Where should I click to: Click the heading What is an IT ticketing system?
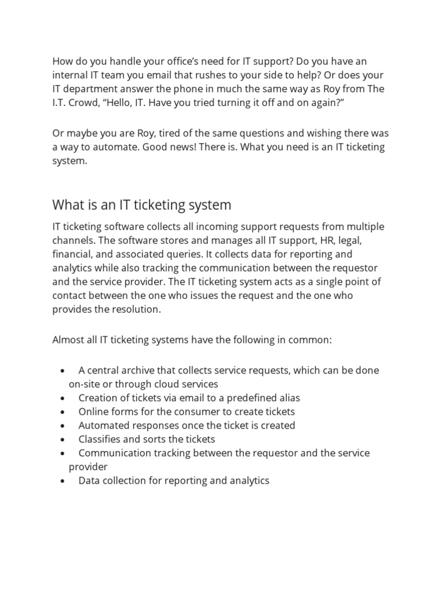click(x=141, y=204)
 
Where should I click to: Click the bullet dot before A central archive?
click(x=63, y=371)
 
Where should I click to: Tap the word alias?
click(x=288, y=398)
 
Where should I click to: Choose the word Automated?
click(x=103, y=426)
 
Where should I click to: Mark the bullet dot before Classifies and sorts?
click(x=63, y=440)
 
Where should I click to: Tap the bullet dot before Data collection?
click(x=63, y=481)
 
